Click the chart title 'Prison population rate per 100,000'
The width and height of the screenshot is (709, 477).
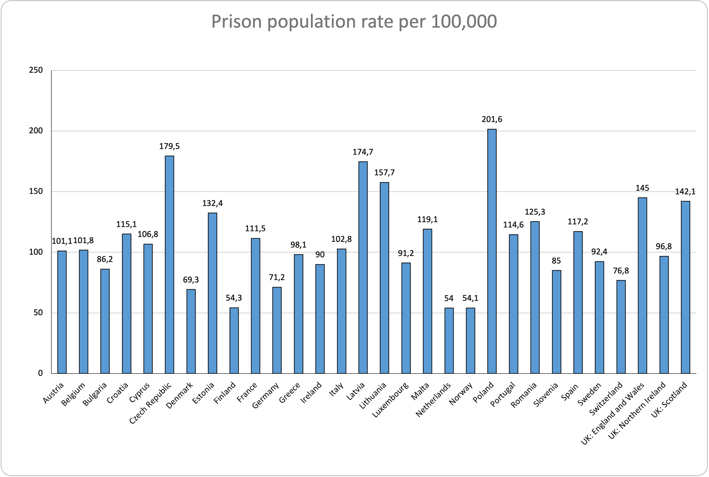pyautogui.click(x=354, y=22)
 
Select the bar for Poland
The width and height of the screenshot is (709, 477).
pyautogui.click(x=492, y=251)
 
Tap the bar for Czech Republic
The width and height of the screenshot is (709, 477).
pyautogui.click(x=169, y=265)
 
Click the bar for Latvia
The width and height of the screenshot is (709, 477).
pyautogui.click(x=363, y=267)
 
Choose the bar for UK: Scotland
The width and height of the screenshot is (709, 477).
pyautogui.click(x=685, y=287)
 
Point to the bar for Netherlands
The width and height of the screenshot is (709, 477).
pyautogui.click(x=449, y=341)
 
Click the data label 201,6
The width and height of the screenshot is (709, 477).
pyautogui.click(x=492, y=120)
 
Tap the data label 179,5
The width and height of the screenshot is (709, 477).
pyautogui.click(x=169, y=146)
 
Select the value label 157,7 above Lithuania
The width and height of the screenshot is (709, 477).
pyautogui.click(x=384, y=173)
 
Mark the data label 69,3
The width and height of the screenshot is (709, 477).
pyautogui.click(x=191, y=280)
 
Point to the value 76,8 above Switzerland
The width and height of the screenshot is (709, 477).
pyautogui.click(x=621, y=271)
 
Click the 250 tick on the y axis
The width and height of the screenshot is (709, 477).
pyautogui.click(x=36, y=70)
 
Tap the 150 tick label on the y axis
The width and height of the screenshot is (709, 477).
pyautogui.click(x=36, y=192)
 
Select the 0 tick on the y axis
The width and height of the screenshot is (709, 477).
pyautogui.click(x=40, y=373)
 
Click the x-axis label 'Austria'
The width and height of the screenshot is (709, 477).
pyautogui.click(x=53, y=393)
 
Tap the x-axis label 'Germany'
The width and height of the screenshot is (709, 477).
pyautogui.click(x=265, y=395)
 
